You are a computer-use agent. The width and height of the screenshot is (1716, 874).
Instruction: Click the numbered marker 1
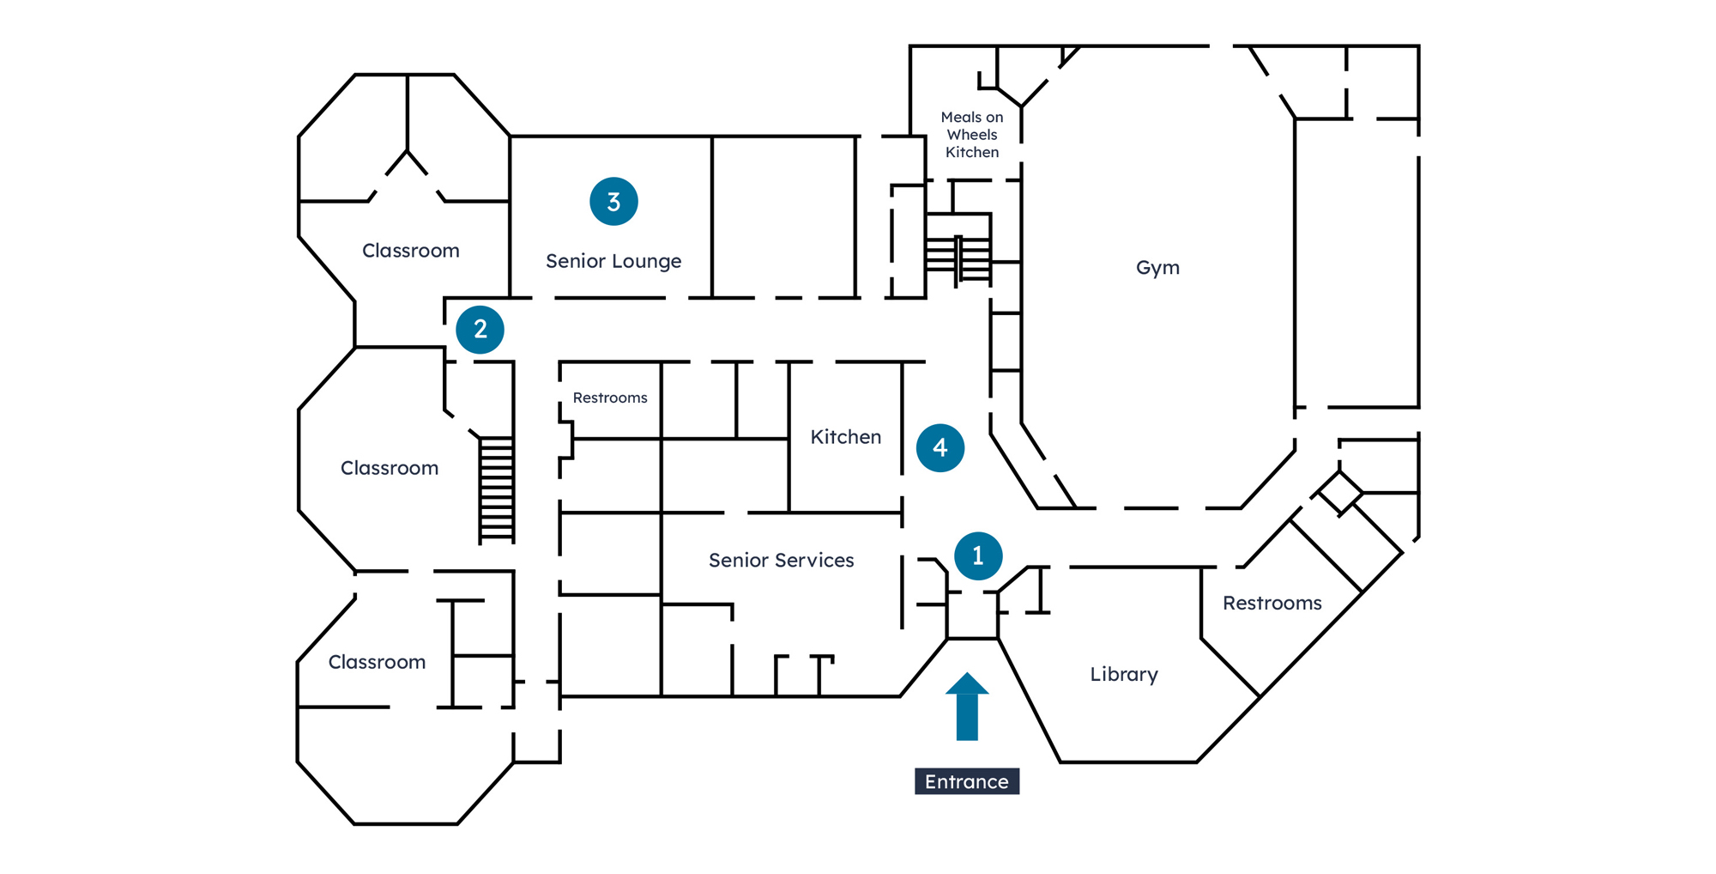pyautogui.click(x=977, y=555)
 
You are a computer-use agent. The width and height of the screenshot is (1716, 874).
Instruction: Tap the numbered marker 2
pyautogui.click(x=480, y=329)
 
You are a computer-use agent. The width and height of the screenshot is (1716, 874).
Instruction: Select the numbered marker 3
pyautogui.click(x=613, y=201)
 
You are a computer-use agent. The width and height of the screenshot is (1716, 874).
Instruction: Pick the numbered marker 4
pyautogui.click(x=940, y=447)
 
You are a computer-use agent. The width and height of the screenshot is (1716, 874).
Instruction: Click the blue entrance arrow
pyautogui.click(x=967, y=707)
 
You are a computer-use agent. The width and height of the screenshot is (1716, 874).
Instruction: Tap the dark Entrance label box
pyautogui.click(x=967, y=781)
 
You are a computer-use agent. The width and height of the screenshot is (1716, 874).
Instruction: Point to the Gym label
pyautogui.click(x=1157, y=268)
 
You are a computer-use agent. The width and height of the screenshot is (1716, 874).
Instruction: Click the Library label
pyautogui.click(x=1124, y=675)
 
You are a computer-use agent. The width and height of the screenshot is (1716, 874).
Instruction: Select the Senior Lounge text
pyautogui.click(x=613, y=261)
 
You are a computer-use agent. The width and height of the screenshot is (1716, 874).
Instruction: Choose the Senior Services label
pyautogui.click(x=782, y=561)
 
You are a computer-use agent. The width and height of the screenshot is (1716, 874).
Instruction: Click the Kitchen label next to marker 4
pyautogui.click(x=846, y=437)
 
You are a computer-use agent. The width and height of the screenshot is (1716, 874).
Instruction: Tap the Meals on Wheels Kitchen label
pyautogui.click(x=972, y=135)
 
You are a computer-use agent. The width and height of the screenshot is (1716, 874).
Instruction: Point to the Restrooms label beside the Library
pyautogui.click(x=1272, y=604)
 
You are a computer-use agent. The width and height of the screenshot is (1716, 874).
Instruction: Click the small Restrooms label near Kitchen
pyautogui.click(x=610, y=398)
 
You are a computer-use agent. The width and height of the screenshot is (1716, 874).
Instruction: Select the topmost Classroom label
pyautogui.click(x=411, y=251)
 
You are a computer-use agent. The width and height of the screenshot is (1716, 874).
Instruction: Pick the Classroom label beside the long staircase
pyautogui.click(x=390, y=468)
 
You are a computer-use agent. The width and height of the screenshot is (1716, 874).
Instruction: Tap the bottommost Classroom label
pyautogui.click(x=378, y=662)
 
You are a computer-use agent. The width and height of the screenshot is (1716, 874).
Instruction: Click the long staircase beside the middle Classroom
pyautogui.click(x=497, y=489)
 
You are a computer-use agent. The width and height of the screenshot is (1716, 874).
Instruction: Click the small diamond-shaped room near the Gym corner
pyautogui.click(x=1339, y=493)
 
